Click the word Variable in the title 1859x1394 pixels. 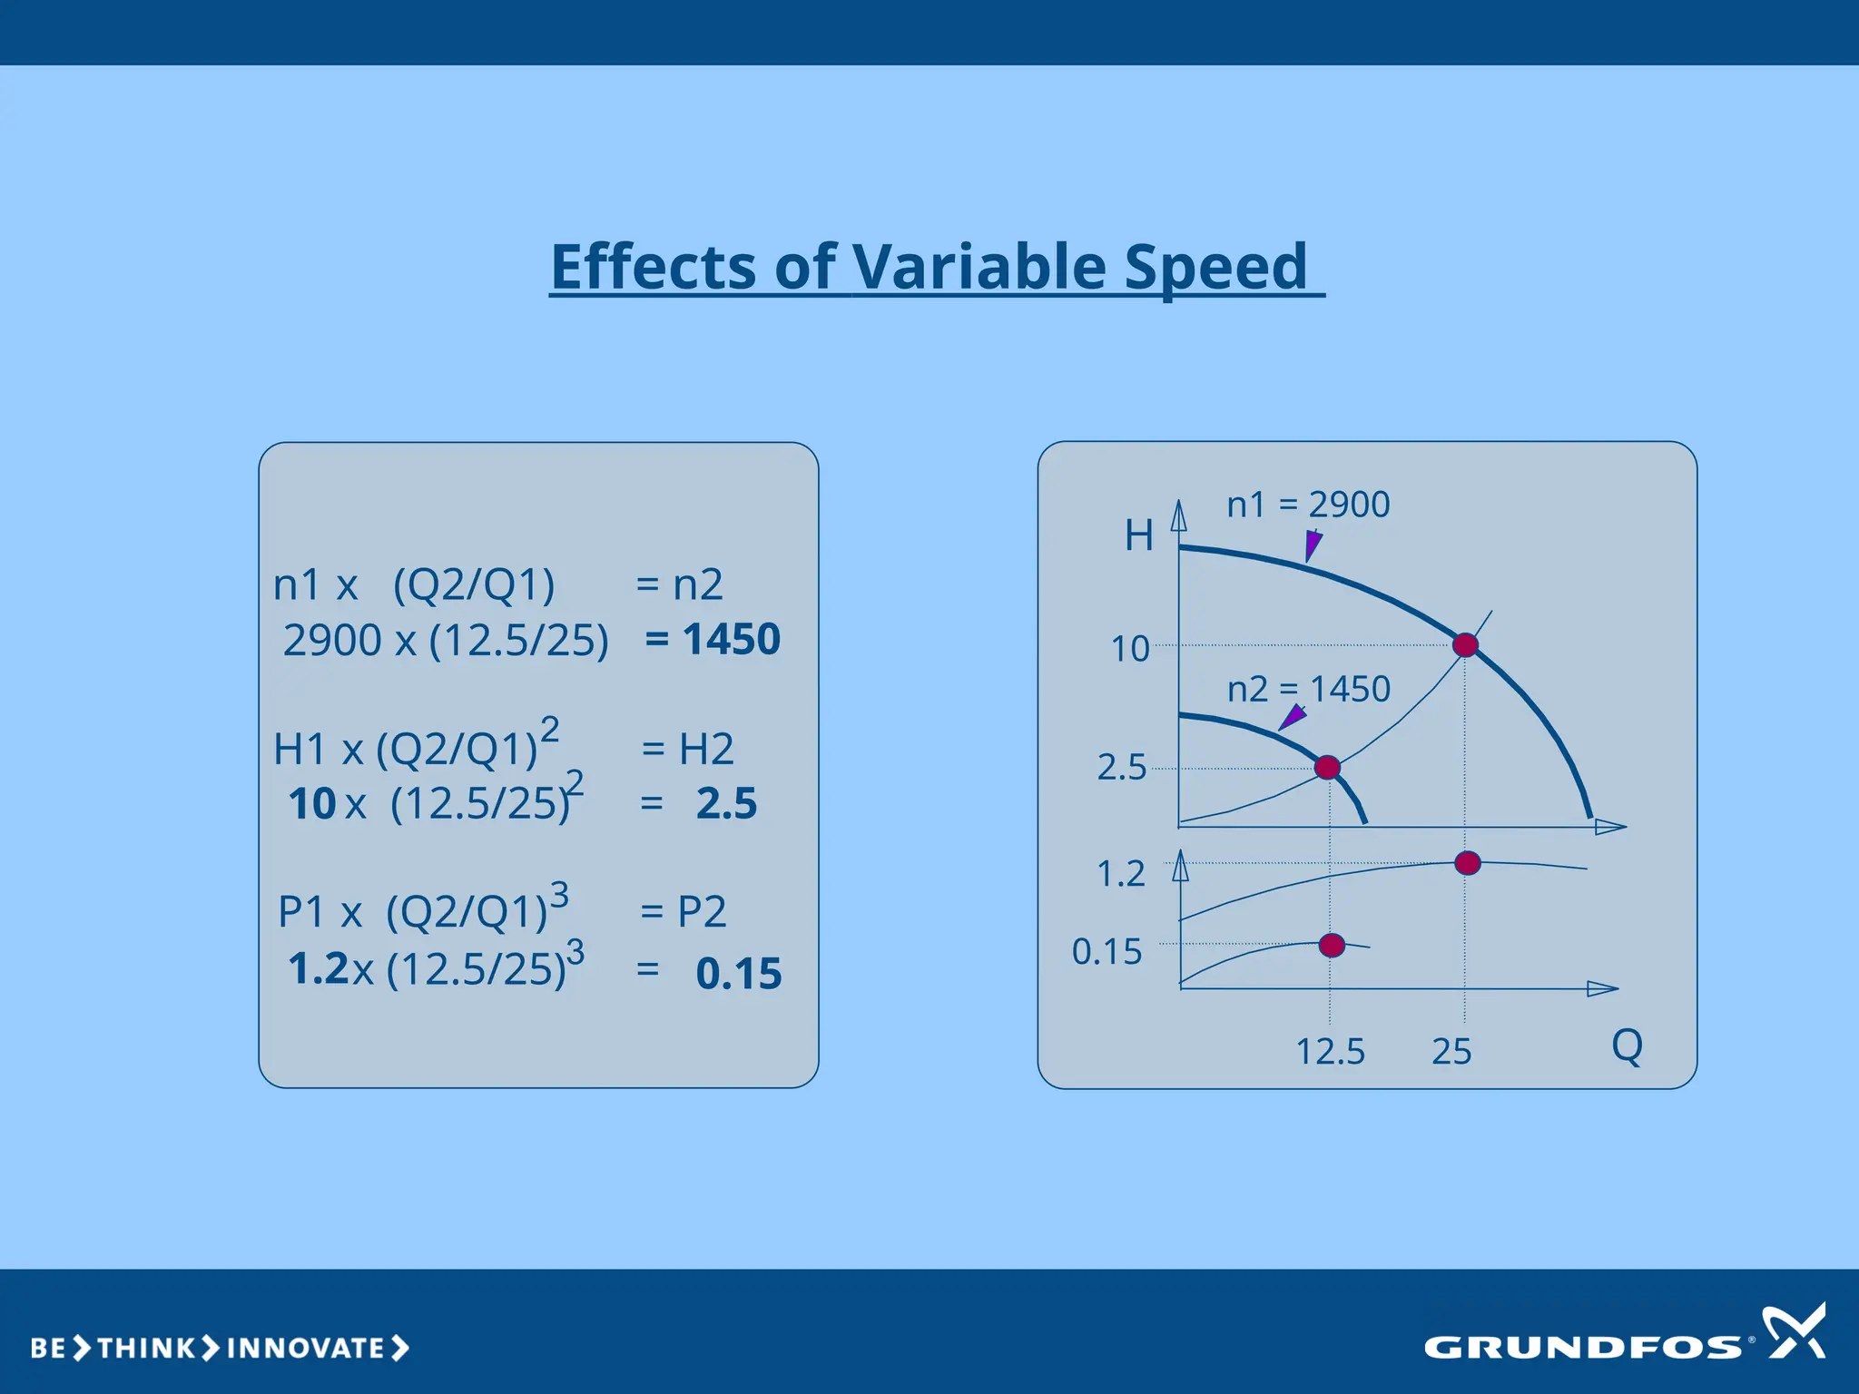tap(979, 267)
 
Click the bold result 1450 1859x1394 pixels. tap(731, 639)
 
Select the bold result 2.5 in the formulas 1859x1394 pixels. tap(726, 803)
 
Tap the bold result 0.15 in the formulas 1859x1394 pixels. tap(738, 973)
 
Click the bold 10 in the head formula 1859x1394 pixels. tap(312, 804)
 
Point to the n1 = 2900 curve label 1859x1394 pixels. tap(1307, 505)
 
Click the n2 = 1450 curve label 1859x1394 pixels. tap(1308, 689)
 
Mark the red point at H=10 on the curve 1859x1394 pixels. tap(1465, 645)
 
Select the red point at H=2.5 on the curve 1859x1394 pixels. tap(1327, 768)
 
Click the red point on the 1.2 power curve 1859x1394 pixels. tap(1467, 863)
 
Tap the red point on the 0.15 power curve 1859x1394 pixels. tap(1332, 945)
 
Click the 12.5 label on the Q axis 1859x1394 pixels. tap(1330, 1052)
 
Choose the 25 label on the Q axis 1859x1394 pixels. tap(1451, 1052)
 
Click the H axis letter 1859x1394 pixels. tap(1138, 535)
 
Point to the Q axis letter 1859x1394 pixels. tap(1627, 1045)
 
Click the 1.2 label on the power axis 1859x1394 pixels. tap(1121, 874)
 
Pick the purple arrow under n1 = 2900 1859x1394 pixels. tap(1313, 545)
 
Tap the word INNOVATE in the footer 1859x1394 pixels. tap(306, 1348)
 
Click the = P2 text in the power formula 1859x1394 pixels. tap(683, 911)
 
